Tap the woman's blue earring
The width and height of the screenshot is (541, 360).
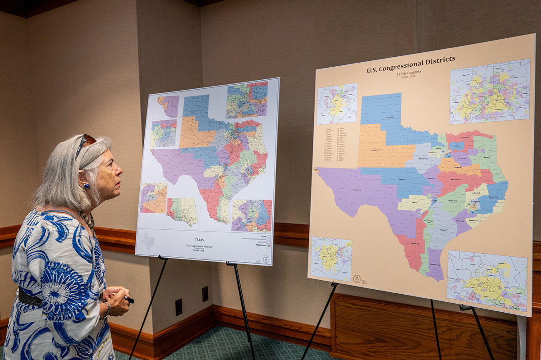84,186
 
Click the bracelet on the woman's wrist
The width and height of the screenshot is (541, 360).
107,309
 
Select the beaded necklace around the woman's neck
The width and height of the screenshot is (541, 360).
87,219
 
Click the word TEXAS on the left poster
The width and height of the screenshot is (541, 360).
200,240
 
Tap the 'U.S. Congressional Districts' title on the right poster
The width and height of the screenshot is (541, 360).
411,64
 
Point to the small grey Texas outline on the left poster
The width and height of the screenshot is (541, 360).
147,242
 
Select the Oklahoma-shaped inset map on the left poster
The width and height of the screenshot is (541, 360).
183,211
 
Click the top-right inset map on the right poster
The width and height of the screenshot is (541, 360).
490,91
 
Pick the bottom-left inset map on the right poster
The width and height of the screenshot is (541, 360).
331,259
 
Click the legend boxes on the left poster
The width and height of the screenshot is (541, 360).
268,241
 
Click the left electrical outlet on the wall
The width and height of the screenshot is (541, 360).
179,307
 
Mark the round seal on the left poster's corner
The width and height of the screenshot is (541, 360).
266,260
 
